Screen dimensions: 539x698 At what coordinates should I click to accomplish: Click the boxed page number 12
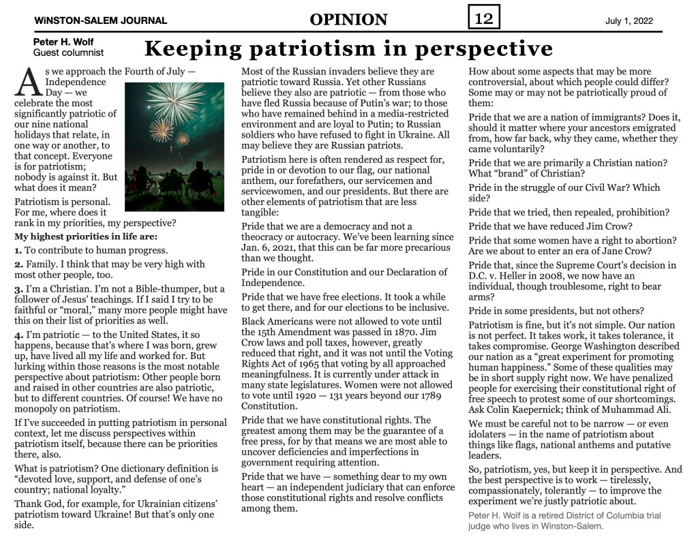tap(484, 18)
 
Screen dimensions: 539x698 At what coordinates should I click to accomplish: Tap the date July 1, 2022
tap(628, 21)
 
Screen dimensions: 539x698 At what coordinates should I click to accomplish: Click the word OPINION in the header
tap(348, 20)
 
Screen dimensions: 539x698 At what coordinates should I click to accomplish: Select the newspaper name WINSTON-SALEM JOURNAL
tap(100, 21)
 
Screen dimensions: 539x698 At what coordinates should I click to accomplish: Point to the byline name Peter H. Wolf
tap(64, 42)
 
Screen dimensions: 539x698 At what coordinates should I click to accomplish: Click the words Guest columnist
tap(68, 52)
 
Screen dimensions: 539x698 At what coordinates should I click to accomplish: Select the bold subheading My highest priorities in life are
tap(86, 237)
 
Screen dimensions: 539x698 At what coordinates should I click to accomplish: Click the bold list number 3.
tap(18, 289)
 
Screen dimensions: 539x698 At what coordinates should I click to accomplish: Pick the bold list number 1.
tap(18, 251)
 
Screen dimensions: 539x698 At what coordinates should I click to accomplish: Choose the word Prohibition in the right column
tap(637, 212)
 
